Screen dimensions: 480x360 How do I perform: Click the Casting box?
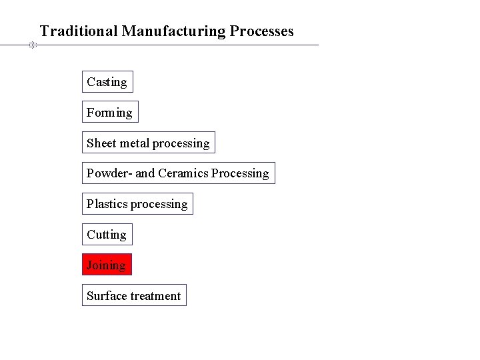pos(107,82)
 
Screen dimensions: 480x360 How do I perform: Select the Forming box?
pos(109,113)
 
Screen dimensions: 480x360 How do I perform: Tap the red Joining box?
pos(107,265)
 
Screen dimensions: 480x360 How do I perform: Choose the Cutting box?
pos(107,235)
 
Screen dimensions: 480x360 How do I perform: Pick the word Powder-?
pos(110,173)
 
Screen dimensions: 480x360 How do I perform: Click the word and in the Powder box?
pos(145,173)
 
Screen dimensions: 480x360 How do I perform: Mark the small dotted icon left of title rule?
pos(31,45)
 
